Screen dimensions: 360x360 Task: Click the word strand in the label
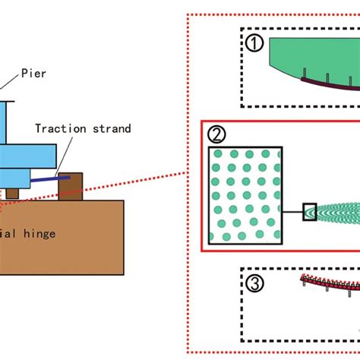coord(112,128)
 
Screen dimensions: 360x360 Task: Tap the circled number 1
coord(254,44)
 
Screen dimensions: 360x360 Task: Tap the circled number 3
coord(254,283)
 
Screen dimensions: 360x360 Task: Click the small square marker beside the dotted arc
coord(310,212)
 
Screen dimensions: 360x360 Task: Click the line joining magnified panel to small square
coord(292,212)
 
